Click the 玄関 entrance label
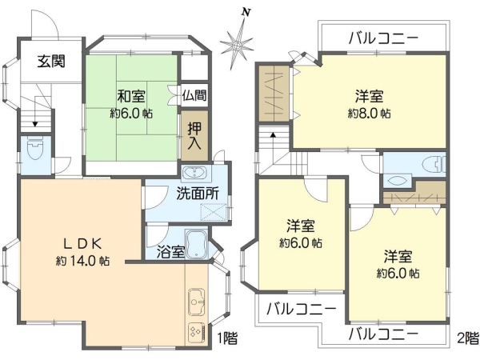pos(51,62)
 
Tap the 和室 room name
pos(132,97)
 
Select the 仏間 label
pos(194,95)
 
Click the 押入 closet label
pos(194,136)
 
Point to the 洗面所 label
pos(198,194)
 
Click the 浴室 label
pos(171,252)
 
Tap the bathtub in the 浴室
pos(196,244)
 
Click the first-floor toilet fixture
pos(35,149)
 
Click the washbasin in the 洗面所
pos(195,174)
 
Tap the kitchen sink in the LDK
pos(196,302)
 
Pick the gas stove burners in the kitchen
pos(196,333)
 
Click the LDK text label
pos(82,244)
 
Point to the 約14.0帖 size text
pos(82,261)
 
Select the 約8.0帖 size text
pos(369,114)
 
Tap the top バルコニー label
pos(383,38)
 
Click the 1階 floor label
pos(226,338)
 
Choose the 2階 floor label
pos(468,338)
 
